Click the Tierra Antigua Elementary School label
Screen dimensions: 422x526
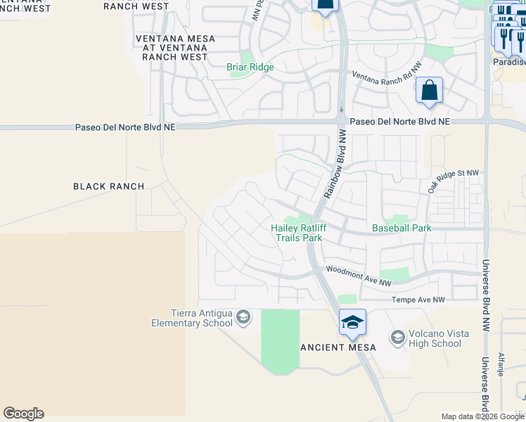(191, 318)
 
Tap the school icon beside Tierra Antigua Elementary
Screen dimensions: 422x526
(243, 318)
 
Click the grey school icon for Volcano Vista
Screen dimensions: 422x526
(397, 338)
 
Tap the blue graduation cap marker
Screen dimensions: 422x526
(352, 323)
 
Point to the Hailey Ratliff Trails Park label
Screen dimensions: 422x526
(297, 233)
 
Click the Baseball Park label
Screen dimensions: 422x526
(401, 228)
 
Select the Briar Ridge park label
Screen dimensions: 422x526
(250, 68)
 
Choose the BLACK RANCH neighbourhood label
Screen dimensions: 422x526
(108, 186)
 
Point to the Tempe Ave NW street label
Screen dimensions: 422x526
(419, 300)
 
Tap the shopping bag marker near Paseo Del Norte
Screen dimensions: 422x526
(429, 91)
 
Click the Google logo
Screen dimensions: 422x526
(23, 414)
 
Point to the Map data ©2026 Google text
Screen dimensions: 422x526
(482, 416)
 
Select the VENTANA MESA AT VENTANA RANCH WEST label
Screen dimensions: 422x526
(172, 48)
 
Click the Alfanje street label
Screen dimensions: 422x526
(501, 364)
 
